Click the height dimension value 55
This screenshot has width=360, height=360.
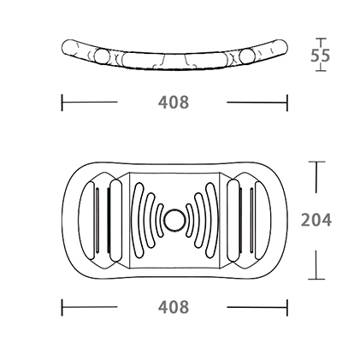click(x=320, y=56)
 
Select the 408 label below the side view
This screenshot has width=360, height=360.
click(x=174, y=102)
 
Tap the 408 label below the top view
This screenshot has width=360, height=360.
click(x=174, y=307)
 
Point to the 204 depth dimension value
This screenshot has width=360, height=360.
click(x=316, y=220)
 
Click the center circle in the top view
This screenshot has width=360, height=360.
click(x=174, y=220)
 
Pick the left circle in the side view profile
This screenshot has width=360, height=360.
click(x=102, y=56)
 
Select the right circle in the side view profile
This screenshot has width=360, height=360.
click(x=246, y=56)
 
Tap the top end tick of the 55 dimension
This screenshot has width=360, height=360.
click(x=321, y=38)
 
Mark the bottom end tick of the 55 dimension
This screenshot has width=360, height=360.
click(x=321, y=70)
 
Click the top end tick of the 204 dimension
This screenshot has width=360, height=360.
click(x=316, y=162)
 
